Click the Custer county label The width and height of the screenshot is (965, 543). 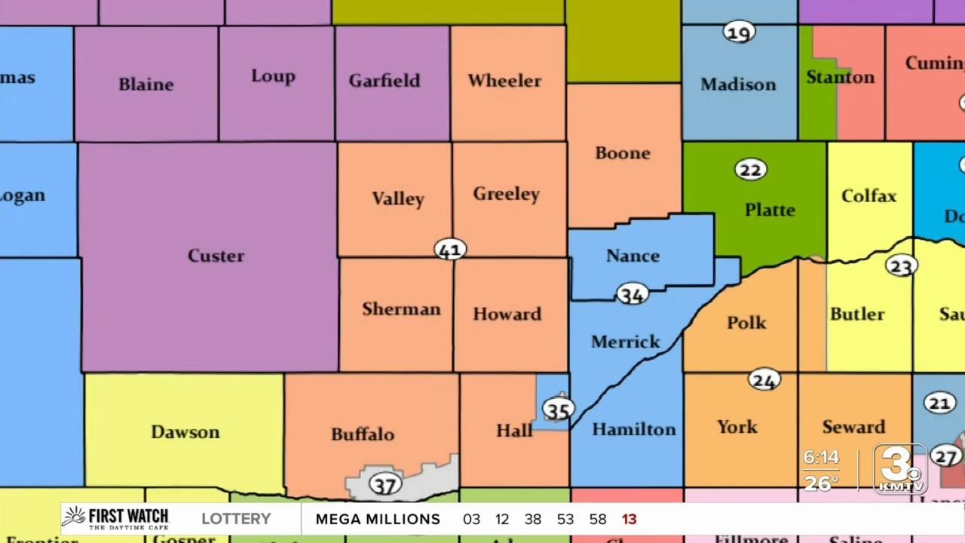pyautogui.click(x=216, y=256)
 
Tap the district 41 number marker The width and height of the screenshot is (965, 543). pyautogui.click(x=450, y=249)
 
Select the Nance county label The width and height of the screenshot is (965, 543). pyautogui.click(x=633, y=256)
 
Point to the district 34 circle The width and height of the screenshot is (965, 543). pyautogui.click(x=632, y=294)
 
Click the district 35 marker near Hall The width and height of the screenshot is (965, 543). pyautogui.click(x=558, y=410)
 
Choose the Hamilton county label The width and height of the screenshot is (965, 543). pyautogui.click(x=633, y=429)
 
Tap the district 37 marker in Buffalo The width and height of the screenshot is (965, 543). pyautogui.click(x=384, y=484)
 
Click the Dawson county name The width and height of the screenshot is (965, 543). pyautogui.click(x=185, y=432)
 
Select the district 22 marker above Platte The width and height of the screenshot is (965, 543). pyautogui.click(x=750, y=170)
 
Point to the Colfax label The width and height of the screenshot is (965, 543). pyautogui.click(x=868, y=196)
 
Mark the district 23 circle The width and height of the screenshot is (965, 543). pyautogui.click(x=901, y=265)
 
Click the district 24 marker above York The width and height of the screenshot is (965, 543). pyautogui.click(x=764, y=380)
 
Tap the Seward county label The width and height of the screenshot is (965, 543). pyautogui.click(x=853, y=427)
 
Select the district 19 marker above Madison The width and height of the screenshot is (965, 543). pyautogui.click(x=739, y=32)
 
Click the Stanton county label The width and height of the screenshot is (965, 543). pyautogui.click(x=840, y=77)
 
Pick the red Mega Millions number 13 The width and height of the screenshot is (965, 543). pyautogui.click(x=629, y=520)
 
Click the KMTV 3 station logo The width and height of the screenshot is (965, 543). pyautogui.click(x=900, y=468)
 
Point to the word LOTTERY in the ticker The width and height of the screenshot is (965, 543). pyautogui.click(x=236, y=519)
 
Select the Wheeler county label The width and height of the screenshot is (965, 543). pyautogui.click(x=504, y=81)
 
